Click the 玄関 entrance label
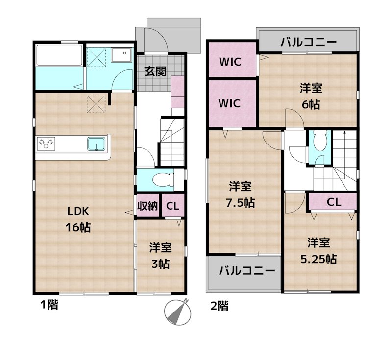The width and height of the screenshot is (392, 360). [155, 71]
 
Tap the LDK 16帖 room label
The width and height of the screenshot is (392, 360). [78, 219]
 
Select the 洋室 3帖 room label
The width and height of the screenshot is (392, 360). [160, 256]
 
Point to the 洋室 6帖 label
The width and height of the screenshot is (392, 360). [311, 96]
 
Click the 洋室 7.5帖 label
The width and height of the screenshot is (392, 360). [241, 194]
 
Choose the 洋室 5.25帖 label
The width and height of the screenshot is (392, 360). [318, 251]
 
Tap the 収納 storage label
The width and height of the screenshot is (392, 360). [147, 206]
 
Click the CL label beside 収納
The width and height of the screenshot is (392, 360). [172, 206]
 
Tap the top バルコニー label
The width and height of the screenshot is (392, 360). [308, 42]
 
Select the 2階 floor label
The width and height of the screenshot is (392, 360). [219, 306]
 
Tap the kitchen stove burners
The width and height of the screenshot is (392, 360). [47, 144]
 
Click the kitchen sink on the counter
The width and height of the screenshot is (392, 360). [96, 144]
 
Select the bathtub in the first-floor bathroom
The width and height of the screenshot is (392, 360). [58, 55]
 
